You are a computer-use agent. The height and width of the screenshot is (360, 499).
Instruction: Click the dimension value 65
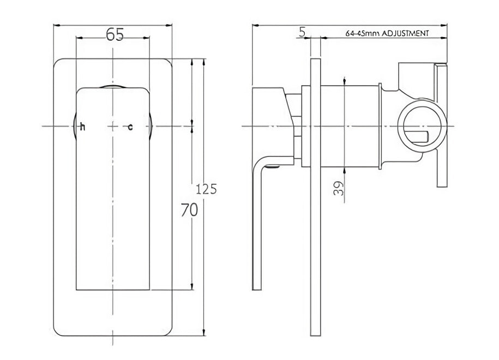[x=114, y=34]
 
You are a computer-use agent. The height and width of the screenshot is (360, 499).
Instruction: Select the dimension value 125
[x=207, y=190]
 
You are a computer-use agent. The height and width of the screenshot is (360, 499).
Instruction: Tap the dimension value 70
[x=189, y=210]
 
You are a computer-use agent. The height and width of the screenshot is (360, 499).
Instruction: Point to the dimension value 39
[x=338, y=189]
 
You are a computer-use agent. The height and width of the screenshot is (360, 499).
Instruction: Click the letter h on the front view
[x=82, y=127]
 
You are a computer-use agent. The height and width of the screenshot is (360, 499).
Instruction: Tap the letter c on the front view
[x=130, y=127]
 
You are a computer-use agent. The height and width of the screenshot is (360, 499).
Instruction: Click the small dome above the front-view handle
[x=112, y=86]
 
